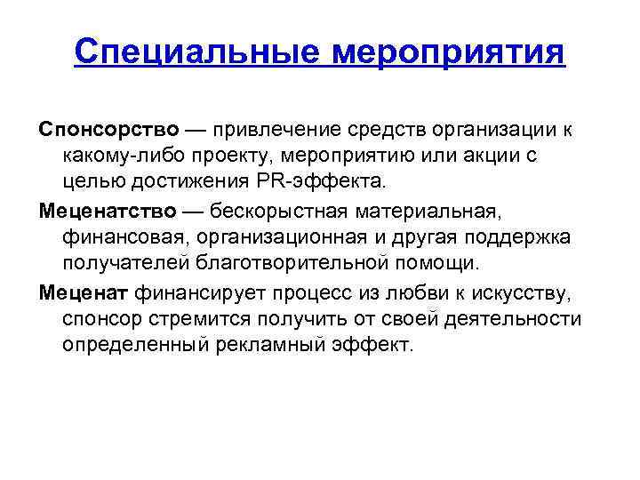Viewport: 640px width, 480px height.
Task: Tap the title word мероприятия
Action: click(448, 52)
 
